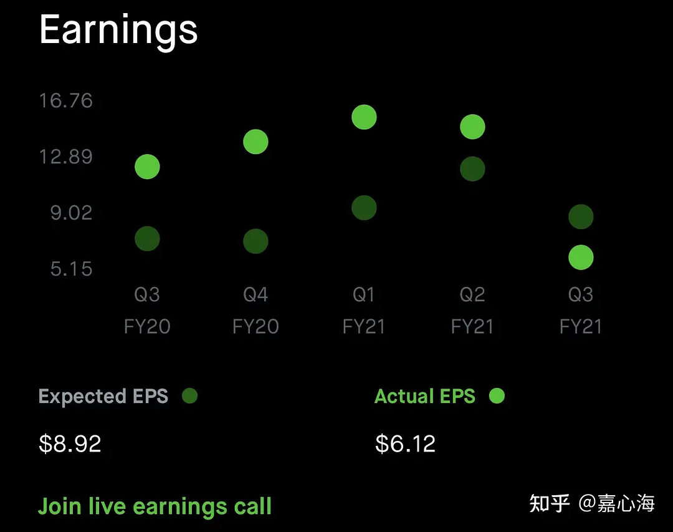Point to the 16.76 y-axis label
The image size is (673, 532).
(66, 100)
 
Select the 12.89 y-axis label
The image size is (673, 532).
(66, 157)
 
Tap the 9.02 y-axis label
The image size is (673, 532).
(71, 213)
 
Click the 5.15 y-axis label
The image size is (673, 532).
(71, 269)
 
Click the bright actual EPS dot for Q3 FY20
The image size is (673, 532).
(147, 167)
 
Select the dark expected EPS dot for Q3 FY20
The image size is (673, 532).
(147, 238)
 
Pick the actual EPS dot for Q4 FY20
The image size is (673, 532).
(256, 142)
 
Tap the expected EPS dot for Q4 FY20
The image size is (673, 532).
(256, 241)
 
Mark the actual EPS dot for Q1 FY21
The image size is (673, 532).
(364, 117)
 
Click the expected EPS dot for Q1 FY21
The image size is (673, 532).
(364, 208)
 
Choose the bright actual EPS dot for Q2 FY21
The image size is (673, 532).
(472, 127)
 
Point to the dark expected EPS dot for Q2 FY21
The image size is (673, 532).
(472, 169)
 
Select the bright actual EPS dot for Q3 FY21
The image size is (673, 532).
(581, 258)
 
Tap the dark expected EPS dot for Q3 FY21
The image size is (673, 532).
(581, 216)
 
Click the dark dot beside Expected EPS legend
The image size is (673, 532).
(189, 396)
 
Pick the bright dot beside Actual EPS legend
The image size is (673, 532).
(497, 396)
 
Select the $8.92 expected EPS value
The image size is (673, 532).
(70, 443)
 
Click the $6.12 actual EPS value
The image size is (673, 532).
(406, 443)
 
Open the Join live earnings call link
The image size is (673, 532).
(155, 506)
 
